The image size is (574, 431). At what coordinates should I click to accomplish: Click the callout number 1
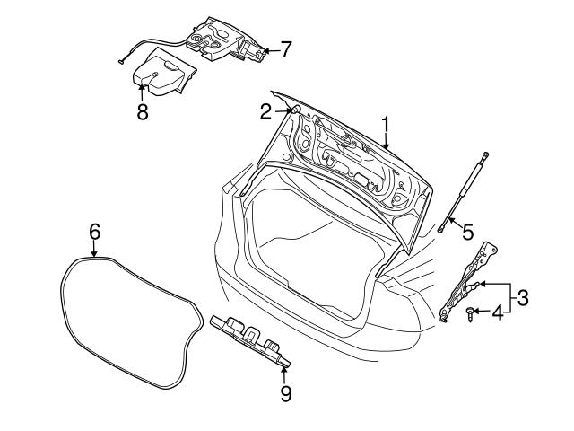point(386,121)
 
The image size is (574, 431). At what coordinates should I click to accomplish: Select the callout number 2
point(265,111)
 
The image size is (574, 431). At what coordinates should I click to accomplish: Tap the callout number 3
point(523,295)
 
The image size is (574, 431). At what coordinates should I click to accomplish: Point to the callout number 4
point(495,312)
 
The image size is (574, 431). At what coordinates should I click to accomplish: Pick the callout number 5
point(467,231)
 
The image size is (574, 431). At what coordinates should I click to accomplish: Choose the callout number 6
point(94,232)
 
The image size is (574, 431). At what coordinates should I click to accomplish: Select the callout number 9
point(285,392)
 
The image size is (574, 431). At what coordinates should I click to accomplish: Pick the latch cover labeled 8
point(161,74)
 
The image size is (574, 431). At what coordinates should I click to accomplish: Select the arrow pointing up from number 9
point(285,373)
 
